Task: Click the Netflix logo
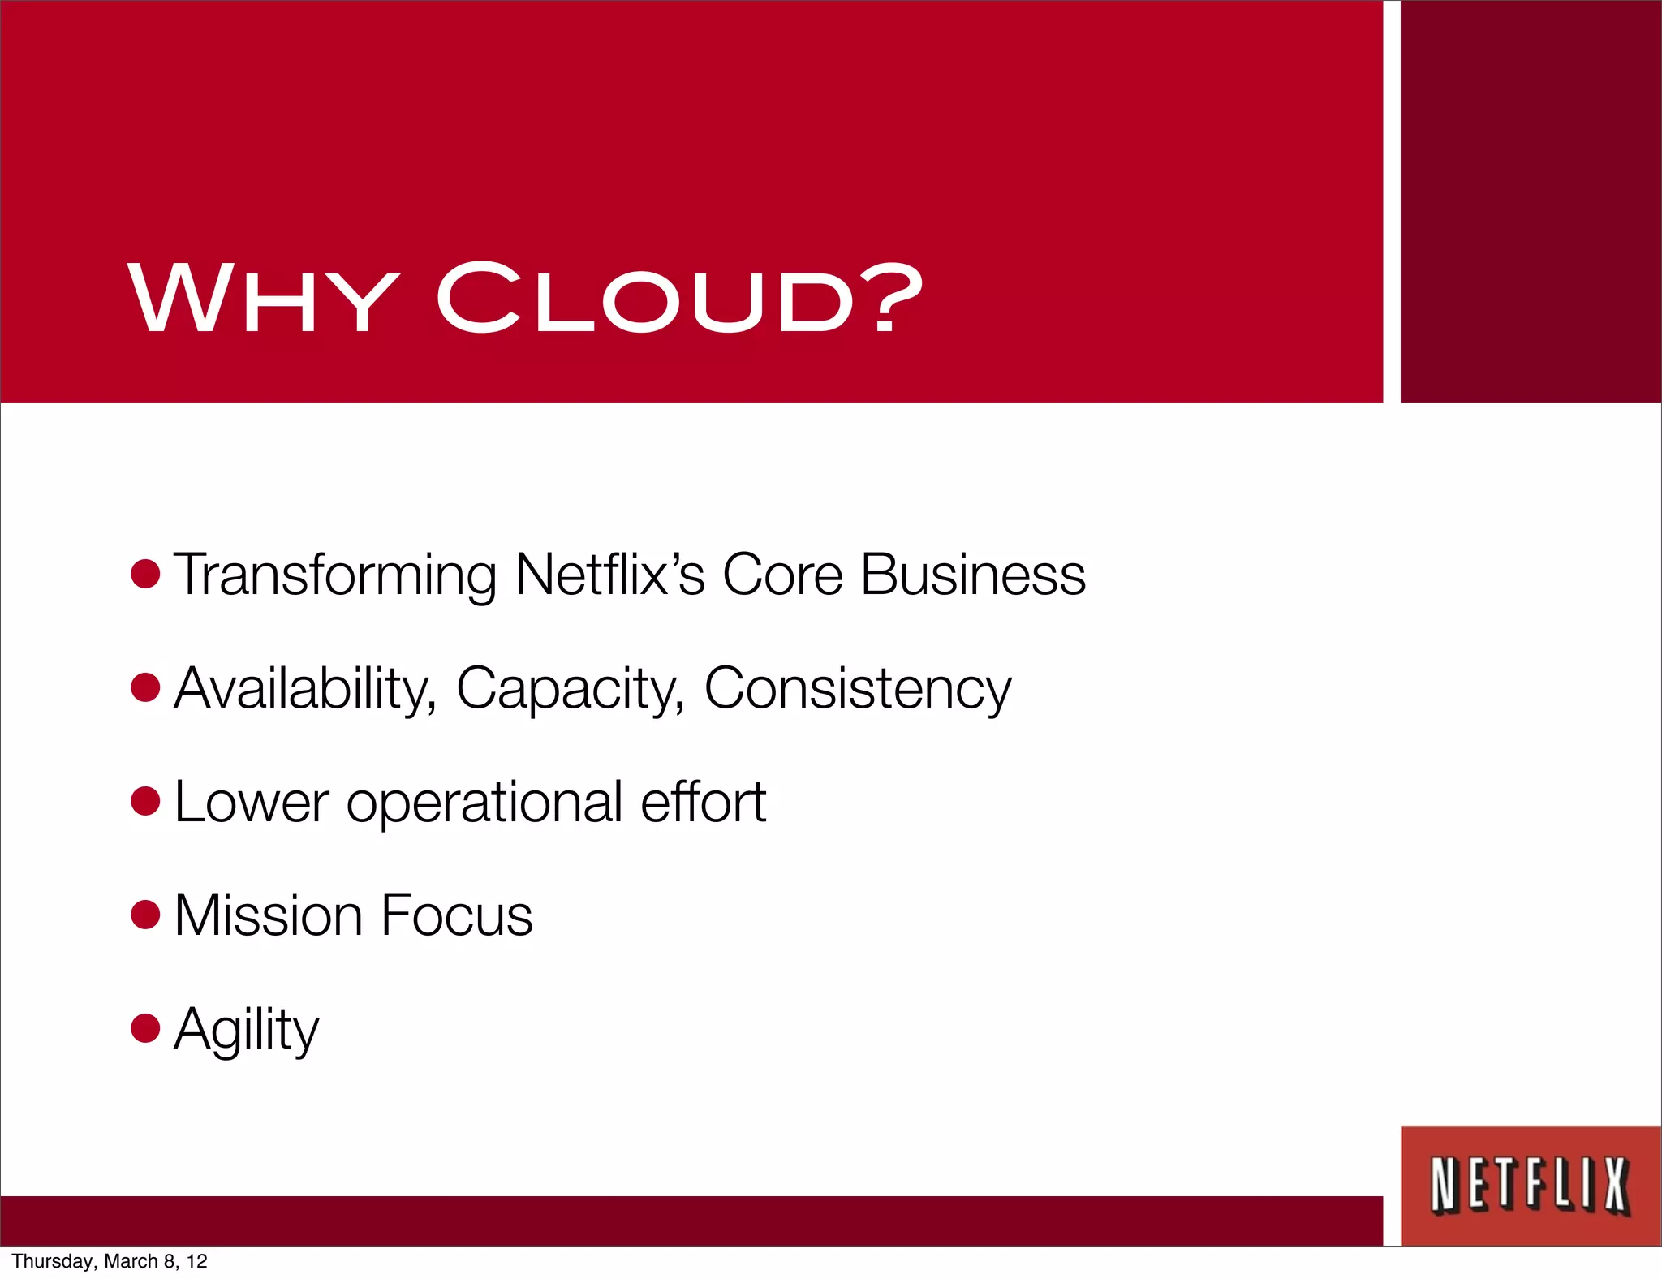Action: point(1530,1186)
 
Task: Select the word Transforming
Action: point(334,575)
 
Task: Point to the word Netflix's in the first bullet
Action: point(609,575)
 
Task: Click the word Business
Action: point(972,575)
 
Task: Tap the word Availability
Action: point(305,689)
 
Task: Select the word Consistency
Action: point(858,689)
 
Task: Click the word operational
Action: point(484,802)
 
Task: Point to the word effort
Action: point(703,802)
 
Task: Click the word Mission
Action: point(268,915)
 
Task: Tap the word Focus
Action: point(456,915)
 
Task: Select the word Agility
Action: point(246,1029)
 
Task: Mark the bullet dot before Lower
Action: point(145,801)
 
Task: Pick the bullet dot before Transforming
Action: point(145,574)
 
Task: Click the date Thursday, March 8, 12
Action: point(110,1261)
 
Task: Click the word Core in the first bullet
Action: point(782,575)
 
